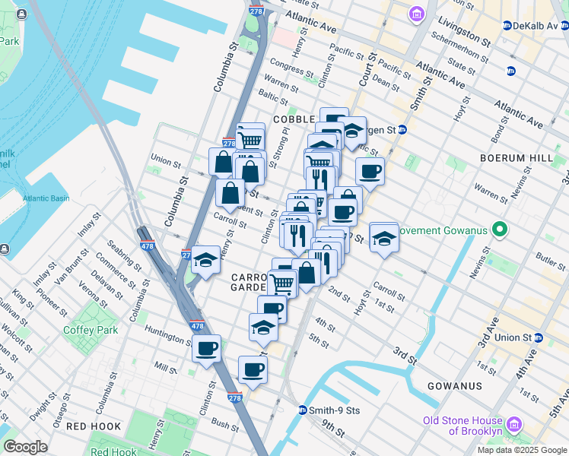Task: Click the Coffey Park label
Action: click(91, 330)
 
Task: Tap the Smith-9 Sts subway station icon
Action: click(302, 410)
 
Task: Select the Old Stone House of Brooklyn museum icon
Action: click(514, 423)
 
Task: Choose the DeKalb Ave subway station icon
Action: click(507, 25)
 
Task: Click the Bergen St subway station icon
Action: click(402, 130)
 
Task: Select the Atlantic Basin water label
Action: click(46, 198)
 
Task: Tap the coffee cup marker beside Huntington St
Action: click(206, 349)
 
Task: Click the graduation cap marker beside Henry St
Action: click(205, 260)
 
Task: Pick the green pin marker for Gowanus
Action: click(500, 229)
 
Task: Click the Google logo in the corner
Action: click(25, 447)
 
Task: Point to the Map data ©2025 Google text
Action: click(522, 450)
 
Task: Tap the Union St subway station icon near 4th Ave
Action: click(539, 337)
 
